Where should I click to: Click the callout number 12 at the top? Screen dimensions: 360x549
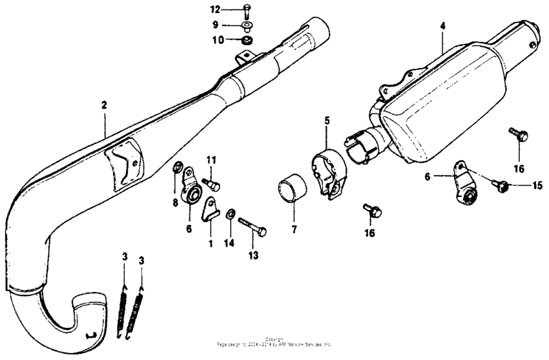click(214, 10)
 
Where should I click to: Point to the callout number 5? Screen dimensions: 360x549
click(326, 121)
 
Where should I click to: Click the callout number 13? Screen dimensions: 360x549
click(254, 256)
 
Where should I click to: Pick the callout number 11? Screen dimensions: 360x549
click(211, 159)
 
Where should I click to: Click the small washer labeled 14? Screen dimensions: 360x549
click(231, 214)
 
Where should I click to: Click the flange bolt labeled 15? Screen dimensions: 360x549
click(500, 185)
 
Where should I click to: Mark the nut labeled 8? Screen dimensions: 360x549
click(176, 170)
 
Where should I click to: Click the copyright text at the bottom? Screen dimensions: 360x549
click(274, 344)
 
